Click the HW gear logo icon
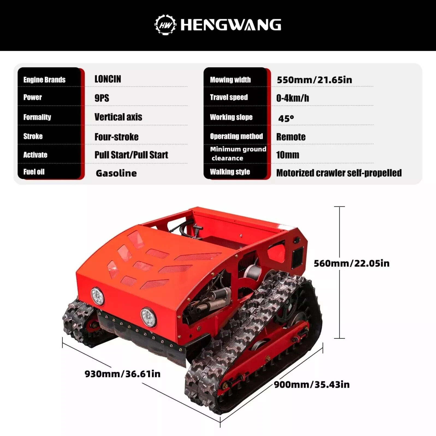(x=165, y=25)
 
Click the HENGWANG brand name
(x=231, y=25)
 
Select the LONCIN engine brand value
(x=108, y=79)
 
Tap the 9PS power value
(x=102, y=98)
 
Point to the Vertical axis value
(x=118, y=117)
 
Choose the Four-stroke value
(x=116, y=137)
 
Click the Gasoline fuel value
(x=116, y=173)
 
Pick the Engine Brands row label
(x=44, y=80)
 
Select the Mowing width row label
(x=230, y=80)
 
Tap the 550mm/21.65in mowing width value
(x=314, y=80)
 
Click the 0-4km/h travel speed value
(x=292, y=98)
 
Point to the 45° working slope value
(x=286, y=118)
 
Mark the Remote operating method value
(x=291, y=137)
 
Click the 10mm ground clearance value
(x=287, y=155)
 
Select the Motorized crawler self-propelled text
(x=339, y=173)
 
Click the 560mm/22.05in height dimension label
(x=351, y=263)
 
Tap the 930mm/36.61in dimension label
(x=122, y=374)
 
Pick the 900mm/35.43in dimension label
(x=312, y=385)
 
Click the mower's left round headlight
(x=97, y=296)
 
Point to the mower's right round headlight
(x=148, y=317)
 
